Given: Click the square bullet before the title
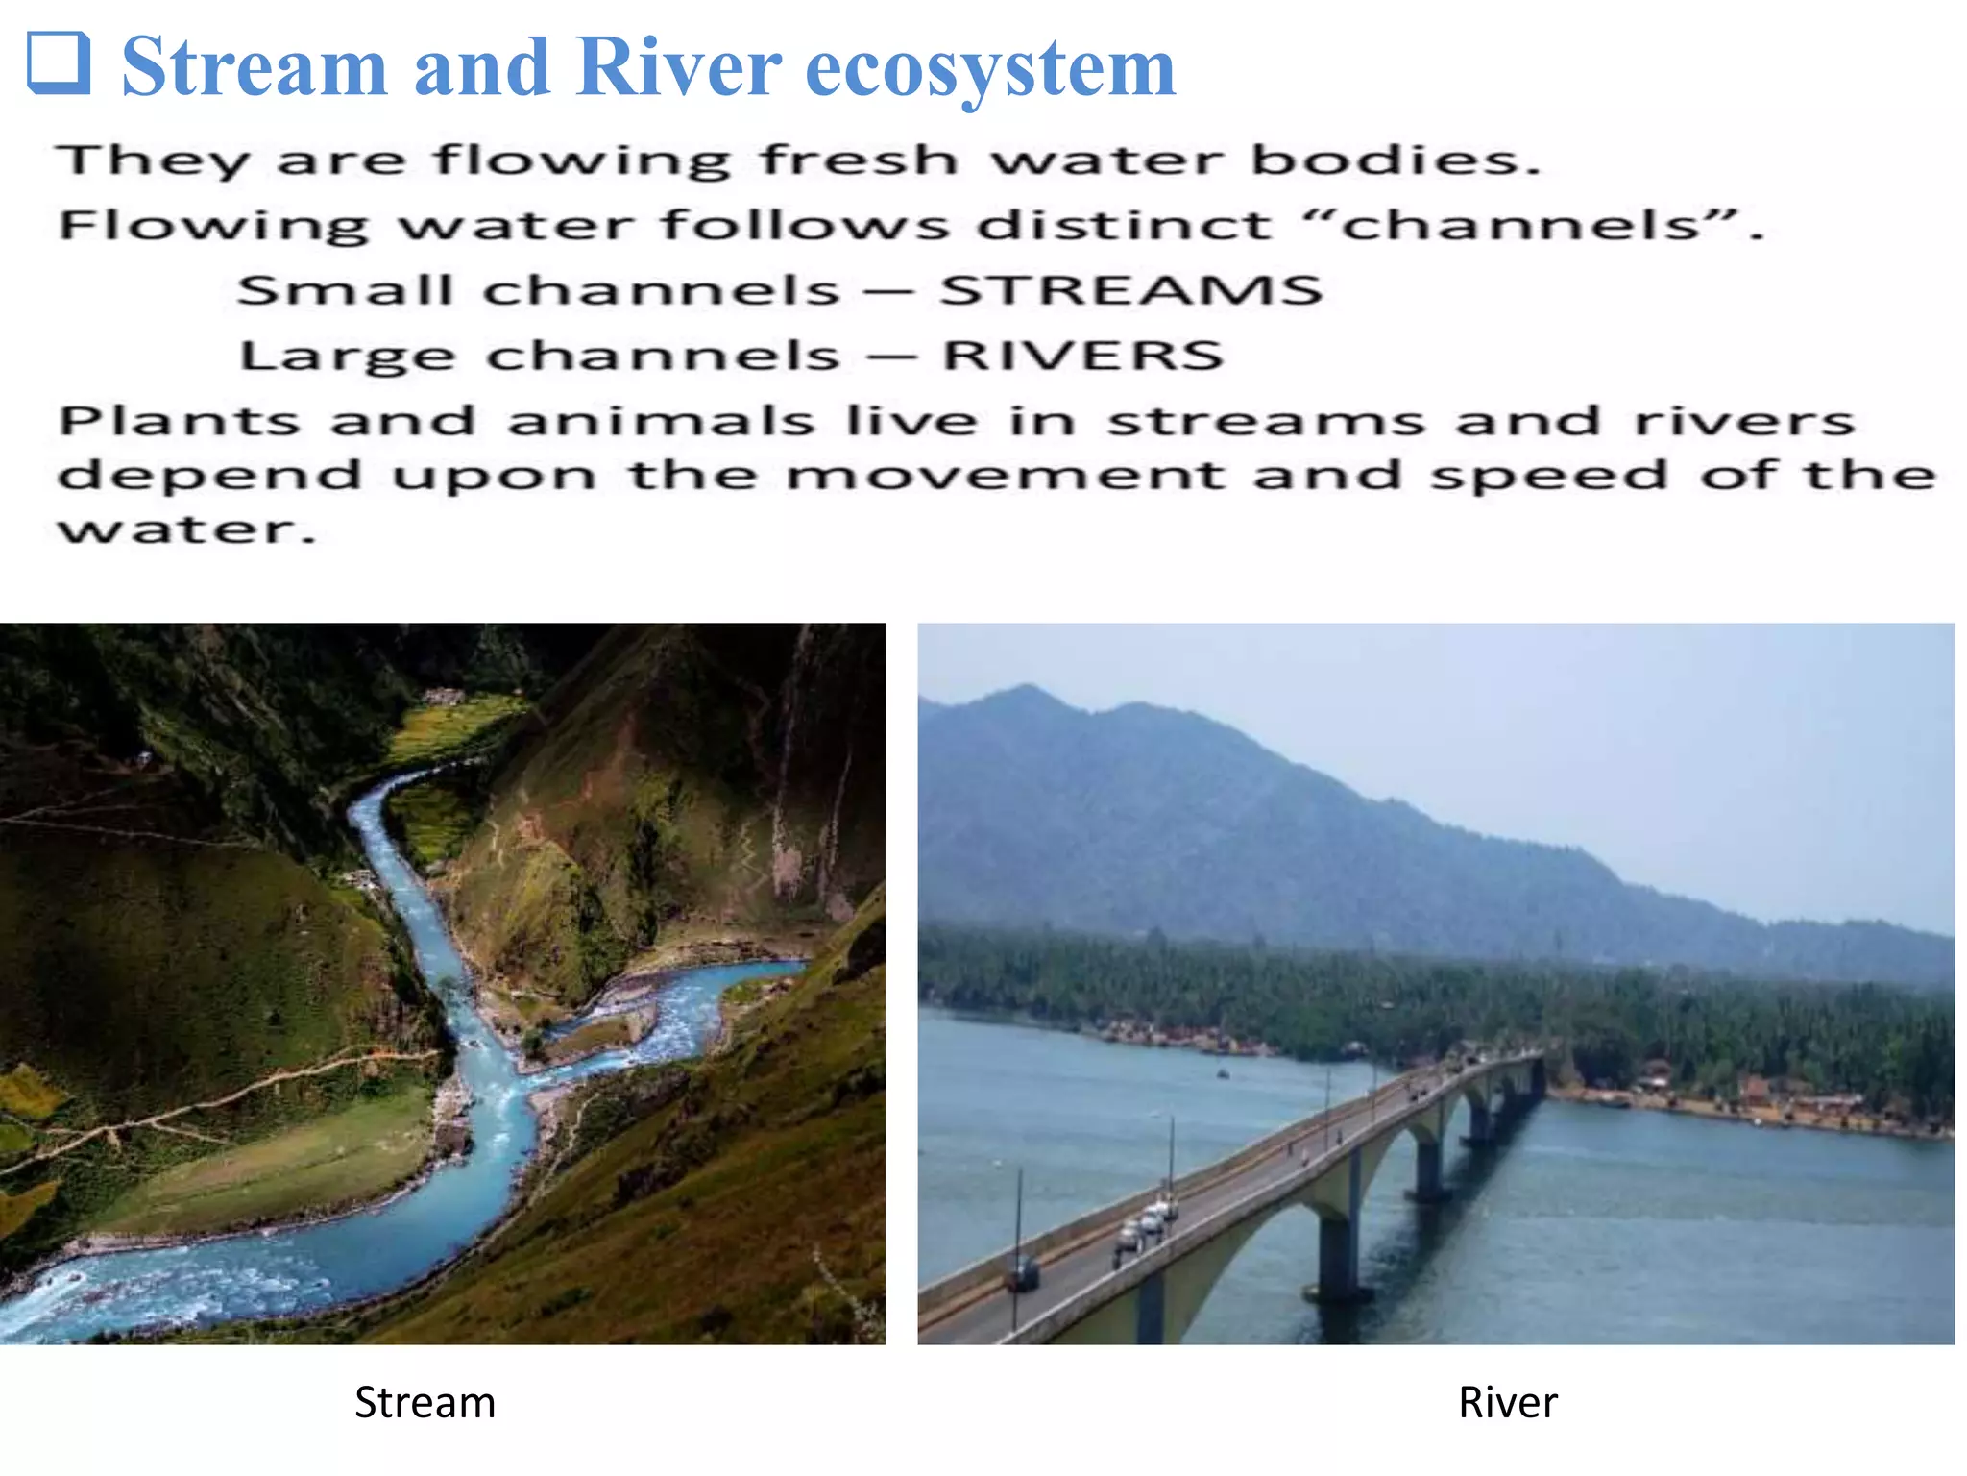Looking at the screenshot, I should pos(60,63).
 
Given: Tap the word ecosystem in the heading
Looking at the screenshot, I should pos(990,69).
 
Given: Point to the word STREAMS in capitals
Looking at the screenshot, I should pos(1130,290).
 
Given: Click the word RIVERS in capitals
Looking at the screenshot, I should pos(1082,356).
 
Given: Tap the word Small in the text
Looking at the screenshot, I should pos(345,290).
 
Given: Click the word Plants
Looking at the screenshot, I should pos(180,421).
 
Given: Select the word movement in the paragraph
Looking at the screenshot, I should pos(1005,476).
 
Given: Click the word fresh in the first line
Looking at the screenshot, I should pos(859,160).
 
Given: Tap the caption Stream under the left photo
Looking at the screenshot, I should pos(425,1402).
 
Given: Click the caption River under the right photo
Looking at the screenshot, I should pos(1507,1402).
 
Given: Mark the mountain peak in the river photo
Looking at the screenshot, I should pos(1027,688).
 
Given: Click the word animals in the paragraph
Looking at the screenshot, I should pos(661,421).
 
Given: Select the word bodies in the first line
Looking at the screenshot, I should pos(1396,160).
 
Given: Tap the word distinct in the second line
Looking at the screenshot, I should pos(1124,226).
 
